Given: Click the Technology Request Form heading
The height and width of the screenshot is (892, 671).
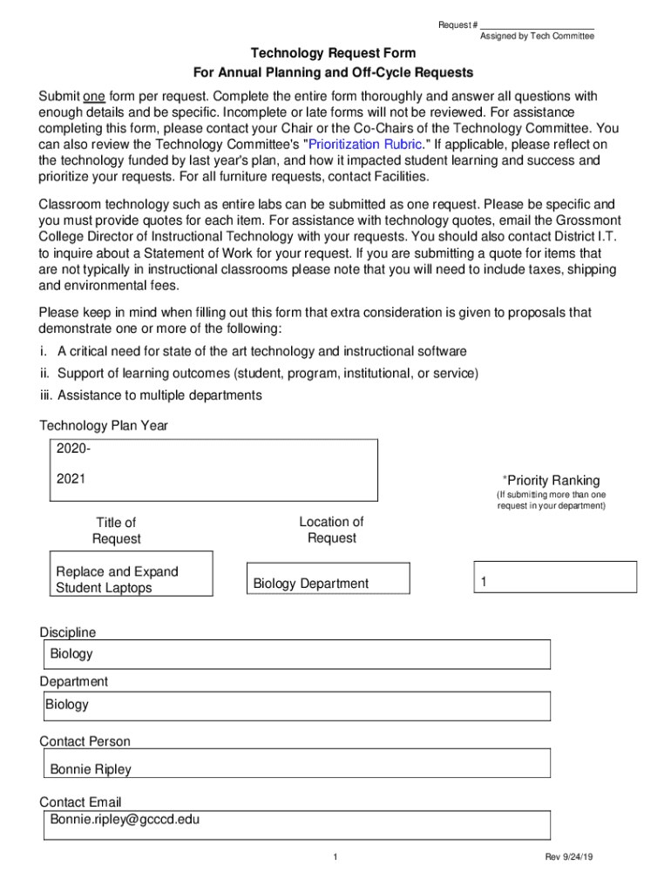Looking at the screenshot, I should click(x=333, y=53).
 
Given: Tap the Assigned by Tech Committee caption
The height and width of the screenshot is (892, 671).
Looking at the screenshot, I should click(x=537, y=37).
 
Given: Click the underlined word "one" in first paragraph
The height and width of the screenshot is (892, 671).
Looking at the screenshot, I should click(x=94, y=96).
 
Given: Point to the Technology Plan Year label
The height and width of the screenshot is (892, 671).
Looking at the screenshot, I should click(x=104, y=426).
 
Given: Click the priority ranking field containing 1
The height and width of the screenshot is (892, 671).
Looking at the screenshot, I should click(x=554, y=582).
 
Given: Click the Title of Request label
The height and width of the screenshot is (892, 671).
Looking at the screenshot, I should click(x=116, y=530).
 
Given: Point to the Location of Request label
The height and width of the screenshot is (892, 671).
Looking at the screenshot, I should click(x=331, y=530).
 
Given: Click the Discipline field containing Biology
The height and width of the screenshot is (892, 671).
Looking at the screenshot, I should click(x=297, y=654).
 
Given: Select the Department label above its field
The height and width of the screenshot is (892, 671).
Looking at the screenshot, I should click(x=74, y=681).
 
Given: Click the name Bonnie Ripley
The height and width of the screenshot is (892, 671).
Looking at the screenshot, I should click(x=91, y=769).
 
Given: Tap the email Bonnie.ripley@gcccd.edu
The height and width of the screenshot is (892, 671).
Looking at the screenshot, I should click(x=125, y=819).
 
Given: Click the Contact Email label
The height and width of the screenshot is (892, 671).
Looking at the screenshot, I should click(x=80, y=801).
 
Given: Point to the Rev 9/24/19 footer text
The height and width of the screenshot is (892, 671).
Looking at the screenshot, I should click(x=569, y=858).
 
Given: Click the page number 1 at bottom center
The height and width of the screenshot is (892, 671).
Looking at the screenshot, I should click(x=335, y=858).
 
